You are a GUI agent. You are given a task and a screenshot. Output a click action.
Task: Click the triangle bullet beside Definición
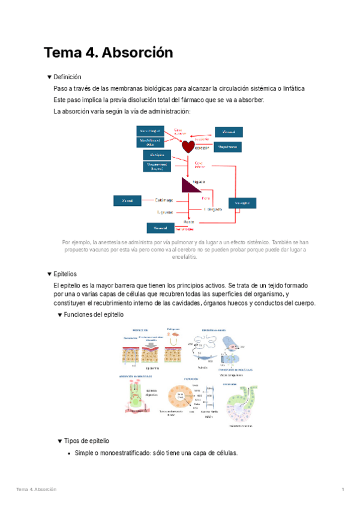49,77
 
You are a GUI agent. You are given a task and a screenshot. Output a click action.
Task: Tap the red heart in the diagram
188,146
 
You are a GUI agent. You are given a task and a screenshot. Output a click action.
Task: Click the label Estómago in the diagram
164,199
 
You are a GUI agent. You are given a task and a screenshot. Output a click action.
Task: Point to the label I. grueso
165,211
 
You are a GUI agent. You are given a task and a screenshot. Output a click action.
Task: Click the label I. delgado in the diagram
213,209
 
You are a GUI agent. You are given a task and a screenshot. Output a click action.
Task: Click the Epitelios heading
65,274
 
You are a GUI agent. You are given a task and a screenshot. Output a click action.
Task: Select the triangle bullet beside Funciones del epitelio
59,315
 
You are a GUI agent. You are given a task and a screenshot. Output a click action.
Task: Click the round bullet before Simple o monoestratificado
70,453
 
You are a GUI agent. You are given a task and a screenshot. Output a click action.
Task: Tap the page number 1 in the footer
342,490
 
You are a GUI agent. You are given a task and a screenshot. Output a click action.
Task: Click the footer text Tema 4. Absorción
37,490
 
